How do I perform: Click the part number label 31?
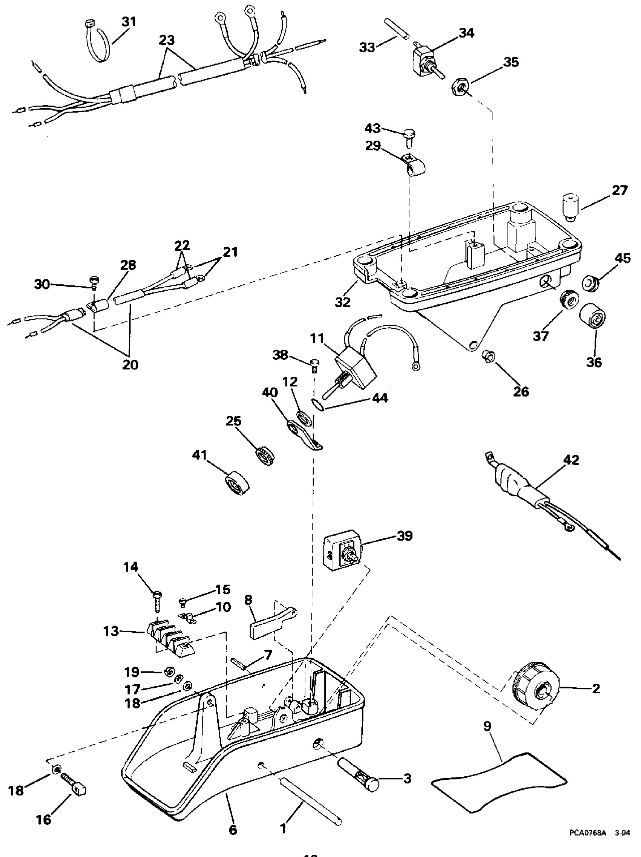click(129, 22)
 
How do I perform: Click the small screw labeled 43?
click(408, 136)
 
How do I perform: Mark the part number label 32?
click(343, 302)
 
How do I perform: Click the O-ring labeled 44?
click(317, 405)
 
